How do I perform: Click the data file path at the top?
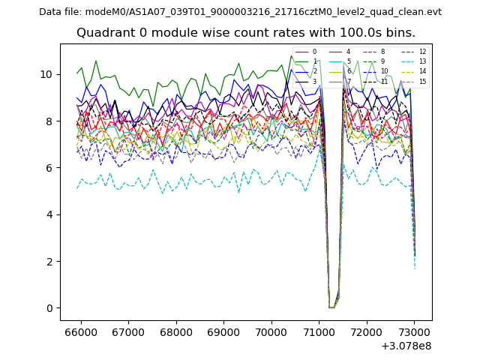tap(240, 11)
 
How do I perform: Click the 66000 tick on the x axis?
tap(80, 331)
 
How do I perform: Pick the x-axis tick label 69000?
tap(223, 331)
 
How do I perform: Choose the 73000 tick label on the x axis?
tap(414, 331)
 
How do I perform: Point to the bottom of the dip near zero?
tap(331, 307)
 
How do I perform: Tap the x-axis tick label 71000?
tap(319, 331)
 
